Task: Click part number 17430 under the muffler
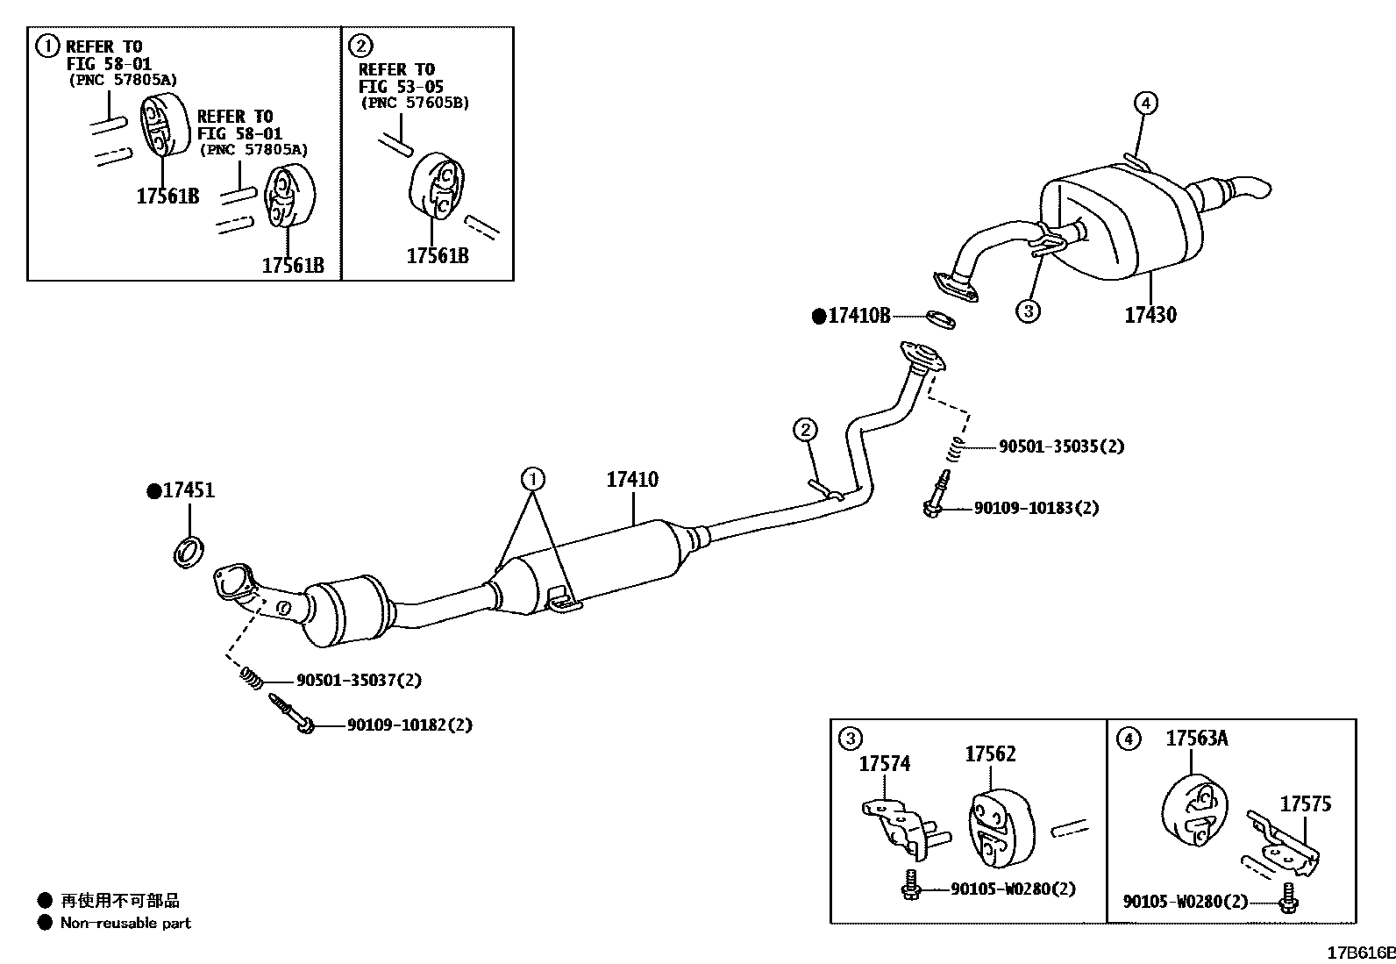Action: tap(1150, 315)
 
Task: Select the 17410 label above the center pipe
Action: tap(631, 480)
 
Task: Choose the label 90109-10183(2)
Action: tap(1036, 508)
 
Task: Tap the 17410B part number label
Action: tap(858, 316)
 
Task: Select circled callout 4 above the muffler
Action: tap(1145, 104)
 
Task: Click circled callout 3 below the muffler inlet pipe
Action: tap(1028, 310)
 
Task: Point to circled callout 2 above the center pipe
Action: tap(805, 430)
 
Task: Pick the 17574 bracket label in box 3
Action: tap(884, 764)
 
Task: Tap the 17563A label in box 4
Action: tap(1196, 739)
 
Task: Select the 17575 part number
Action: tap(1305, 803)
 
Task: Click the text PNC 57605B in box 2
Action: tap(415, 103)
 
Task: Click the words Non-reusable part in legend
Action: tap(125, 923)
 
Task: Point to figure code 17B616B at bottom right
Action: tap(1360, 953)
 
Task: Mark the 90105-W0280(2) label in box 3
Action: tap(1013, 889)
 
